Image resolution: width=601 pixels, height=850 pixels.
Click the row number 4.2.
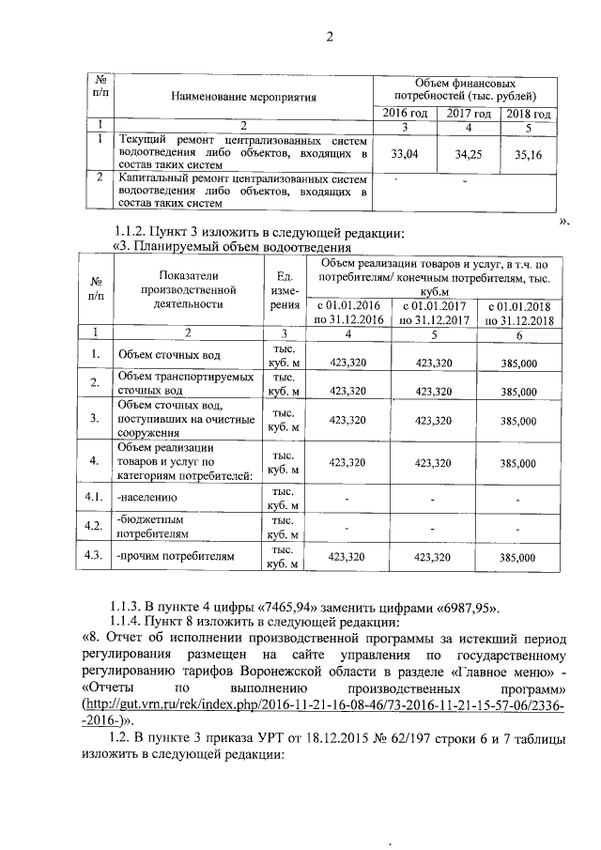click(x=94, y=526)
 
